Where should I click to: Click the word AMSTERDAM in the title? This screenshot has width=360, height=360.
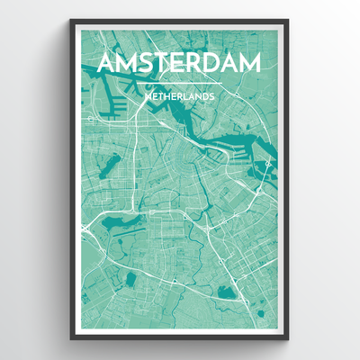[x=179, y=64]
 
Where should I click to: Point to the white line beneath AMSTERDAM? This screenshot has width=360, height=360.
[x=179, y=82]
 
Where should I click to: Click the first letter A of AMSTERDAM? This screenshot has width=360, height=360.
[x=106, y=64]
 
